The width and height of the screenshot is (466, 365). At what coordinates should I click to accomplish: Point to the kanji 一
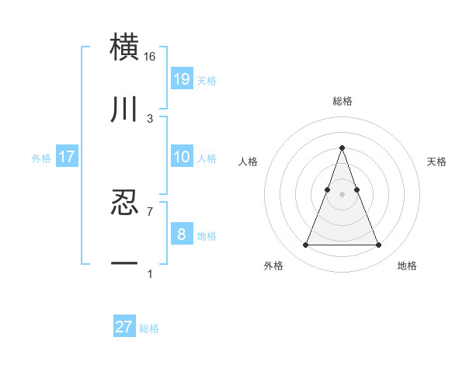click(x=125, y=265)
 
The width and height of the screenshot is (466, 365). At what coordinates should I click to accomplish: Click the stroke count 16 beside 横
click(x=150, y=57)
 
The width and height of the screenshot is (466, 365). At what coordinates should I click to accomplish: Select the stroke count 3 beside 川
click(x=149, y=119)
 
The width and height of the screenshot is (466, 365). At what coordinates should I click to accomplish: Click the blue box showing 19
click(x=182, y=79)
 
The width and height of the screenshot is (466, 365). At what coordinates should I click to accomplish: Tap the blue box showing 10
click(x=182, y=157)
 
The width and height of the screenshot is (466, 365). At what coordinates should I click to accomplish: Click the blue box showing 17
click(x=67, y=157)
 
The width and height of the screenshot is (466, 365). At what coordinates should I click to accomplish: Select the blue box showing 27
click(x=124, y=327)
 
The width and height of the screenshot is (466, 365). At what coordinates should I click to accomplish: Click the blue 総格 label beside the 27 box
click(x=149, y=328)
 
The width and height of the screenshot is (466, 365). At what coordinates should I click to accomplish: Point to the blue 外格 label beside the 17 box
click(x=41, y=158)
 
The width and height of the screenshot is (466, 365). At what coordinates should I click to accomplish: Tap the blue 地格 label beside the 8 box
click(x=207, y=236)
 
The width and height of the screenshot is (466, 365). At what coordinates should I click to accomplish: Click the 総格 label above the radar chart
click(x=343, y=101)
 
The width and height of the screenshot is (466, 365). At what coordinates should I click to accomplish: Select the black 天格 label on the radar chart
click(x=436, y=162)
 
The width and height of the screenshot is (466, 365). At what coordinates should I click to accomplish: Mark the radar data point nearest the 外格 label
click(x=305, y=245)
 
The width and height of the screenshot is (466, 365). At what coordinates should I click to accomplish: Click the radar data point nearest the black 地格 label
click(x=379, y=245)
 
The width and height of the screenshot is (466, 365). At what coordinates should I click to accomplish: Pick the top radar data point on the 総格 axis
click(x=343, y=148)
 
